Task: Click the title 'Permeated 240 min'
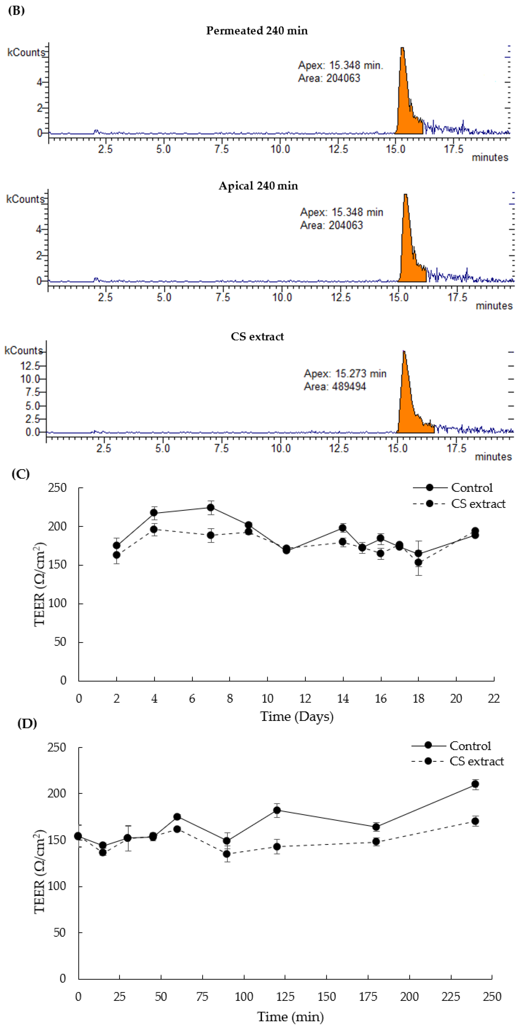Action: click(x=257, y=31)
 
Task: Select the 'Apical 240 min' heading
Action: click(x=258, y=186)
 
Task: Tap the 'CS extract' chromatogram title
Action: click(x=257, y=337)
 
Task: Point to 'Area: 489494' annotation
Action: click(x=335, y=387)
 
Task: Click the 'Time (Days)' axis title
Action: click(x=297, y=716)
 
